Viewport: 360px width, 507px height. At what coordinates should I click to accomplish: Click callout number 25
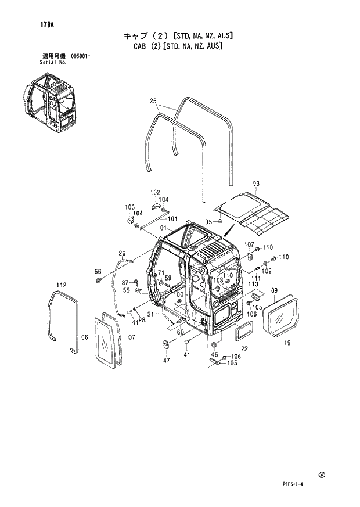pos(153,101)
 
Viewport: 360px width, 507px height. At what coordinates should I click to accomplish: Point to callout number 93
pos(255,184)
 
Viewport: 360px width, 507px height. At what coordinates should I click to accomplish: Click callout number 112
pos(61,285)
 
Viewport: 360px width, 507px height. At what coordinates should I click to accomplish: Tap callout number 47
pos(167,361)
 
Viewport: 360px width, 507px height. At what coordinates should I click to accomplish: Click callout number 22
pos(244,348)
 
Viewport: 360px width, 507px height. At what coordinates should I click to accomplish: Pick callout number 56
pos(98,272)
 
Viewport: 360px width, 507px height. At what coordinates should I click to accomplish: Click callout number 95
pos(208,221)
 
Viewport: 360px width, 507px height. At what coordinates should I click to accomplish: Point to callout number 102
pos(155,192)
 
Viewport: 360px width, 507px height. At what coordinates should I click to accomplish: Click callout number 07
pos(131,337)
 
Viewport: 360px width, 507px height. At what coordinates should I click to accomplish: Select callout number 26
pos(122,253)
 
